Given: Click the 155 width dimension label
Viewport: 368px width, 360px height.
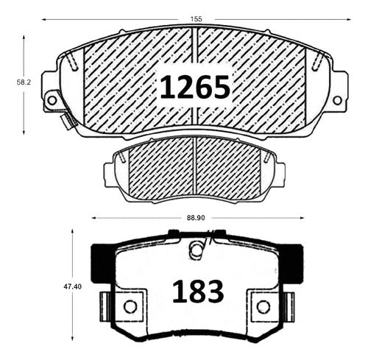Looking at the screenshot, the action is tap(196, 19).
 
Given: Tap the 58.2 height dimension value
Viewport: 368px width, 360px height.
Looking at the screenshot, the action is tap(24, 82).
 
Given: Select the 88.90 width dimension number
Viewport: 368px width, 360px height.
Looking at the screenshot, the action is tap(196, 218).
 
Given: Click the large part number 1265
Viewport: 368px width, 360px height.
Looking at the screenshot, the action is tap(195, 87).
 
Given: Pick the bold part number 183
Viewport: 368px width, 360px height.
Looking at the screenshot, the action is tap(198, 292).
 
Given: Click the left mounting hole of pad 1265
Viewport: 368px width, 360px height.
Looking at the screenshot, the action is tap(52, 100).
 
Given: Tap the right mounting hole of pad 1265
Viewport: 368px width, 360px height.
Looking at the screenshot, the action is tap(337, 100).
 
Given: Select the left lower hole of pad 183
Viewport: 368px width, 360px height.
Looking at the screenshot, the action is tap(130, 306).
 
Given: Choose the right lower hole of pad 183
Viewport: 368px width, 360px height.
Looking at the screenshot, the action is tap(263, 306).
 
